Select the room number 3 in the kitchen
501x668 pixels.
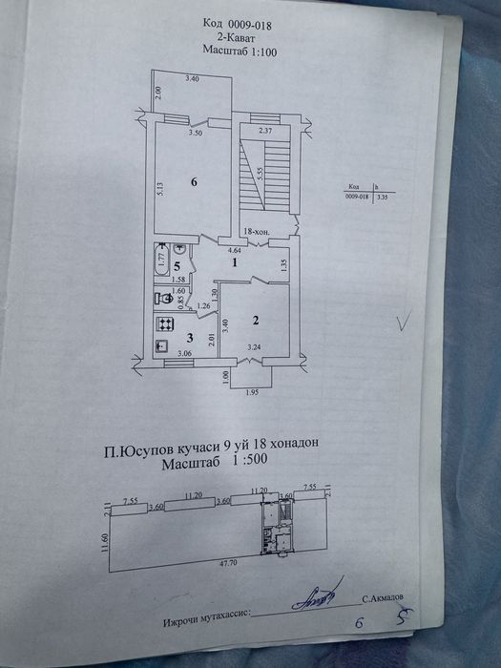(x=189, y=338)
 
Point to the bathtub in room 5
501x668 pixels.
(x=160, y=261)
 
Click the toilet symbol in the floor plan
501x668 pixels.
(x=164, y=299)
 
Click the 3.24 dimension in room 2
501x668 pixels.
(x=254, y=348)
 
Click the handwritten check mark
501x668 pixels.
(x=405, y=324)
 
